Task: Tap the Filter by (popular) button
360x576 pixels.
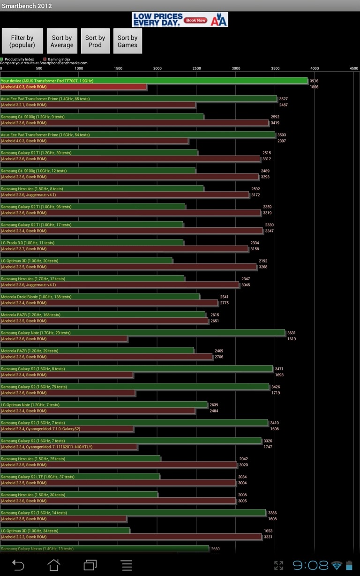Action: [x=22, y=41]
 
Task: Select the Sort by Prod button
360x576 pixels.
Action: [x=95, y=41]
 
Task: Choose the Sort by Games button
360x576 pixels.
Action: [x=127, y=41]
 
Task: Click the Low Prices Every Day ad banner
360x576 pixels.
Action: [x=180, y=20]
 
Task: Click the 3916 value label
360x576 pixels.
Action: [x=314, y=81]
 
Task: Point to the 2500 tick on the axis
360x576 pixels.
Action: [x=197, y=68]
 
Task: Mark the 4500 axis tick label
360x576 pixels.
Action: [x=354, y=68]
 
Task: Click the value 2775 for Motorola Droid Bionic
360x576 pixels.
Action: [x=225, y=303]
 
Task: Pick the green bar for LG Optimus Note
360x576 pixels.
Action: [x=104, y=404]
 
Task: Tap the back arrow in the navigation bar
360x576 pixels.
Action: [x=18, y=565]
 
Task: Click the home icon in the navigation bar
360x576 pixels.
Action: [x=54, y=565]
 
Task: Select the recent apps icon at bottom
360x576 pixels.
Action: [x=90, y=565]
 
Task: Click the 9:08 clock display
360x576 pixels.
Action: [x=311, y=565]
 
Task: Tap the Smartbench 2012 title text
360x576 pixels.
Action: [x=27, y=6]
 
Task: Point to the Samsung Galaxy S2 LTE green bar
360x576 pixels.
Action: [x=80, y=477]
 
